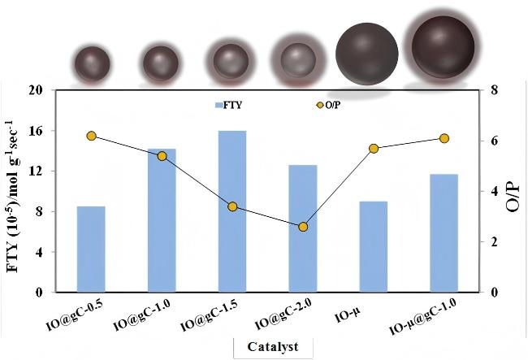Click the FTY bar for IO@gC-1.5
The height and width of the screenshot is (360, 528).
click(x=232, y=211)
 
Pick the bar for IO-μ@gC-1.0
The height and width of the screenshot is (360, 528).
click(x=444, y=232)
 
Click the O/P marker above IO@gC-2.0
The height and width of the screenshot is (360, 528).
click(x=303, y=227)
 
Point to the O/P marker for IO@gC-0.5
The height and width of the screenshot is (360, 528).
click(x=91, y=136)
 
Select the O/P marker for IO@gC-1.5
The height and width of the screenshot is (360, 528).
click(x=232, y=206)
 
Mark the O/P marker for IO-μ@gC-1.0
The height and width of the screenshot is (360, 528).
click(x=444, y=138)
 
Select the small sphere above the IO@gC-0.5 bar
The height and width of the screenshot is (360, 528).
click(x=90, y=63)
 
